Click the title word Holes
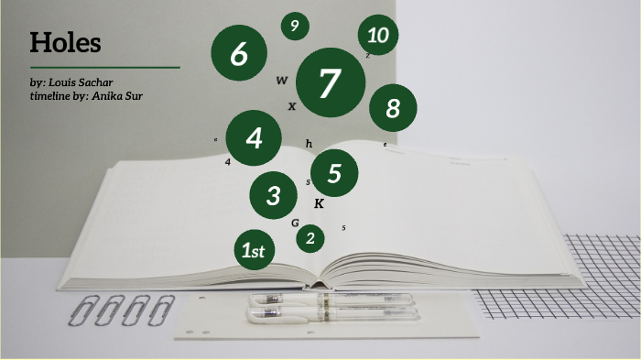coord(65,43)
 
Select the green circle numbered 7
coord(331,83)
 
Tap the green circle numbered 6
coord(239,53)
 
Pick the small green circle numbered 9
coord(294,27)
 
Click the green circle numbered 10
coord(377,36)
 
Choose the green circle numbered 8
coord(393,109)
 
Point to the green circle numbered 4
coord(254,138)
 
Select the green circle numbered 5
coord(334,173)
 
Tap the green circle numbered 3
coord(274,194)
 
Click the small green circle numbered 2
coord(310,238)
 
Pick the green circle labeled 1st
coord(253,249)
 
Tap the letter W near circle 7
coord(281,81)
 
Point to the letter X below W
coord(292,106)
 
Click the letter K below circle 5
coord(319,203)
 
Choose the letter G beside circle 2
coord(295,223)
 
